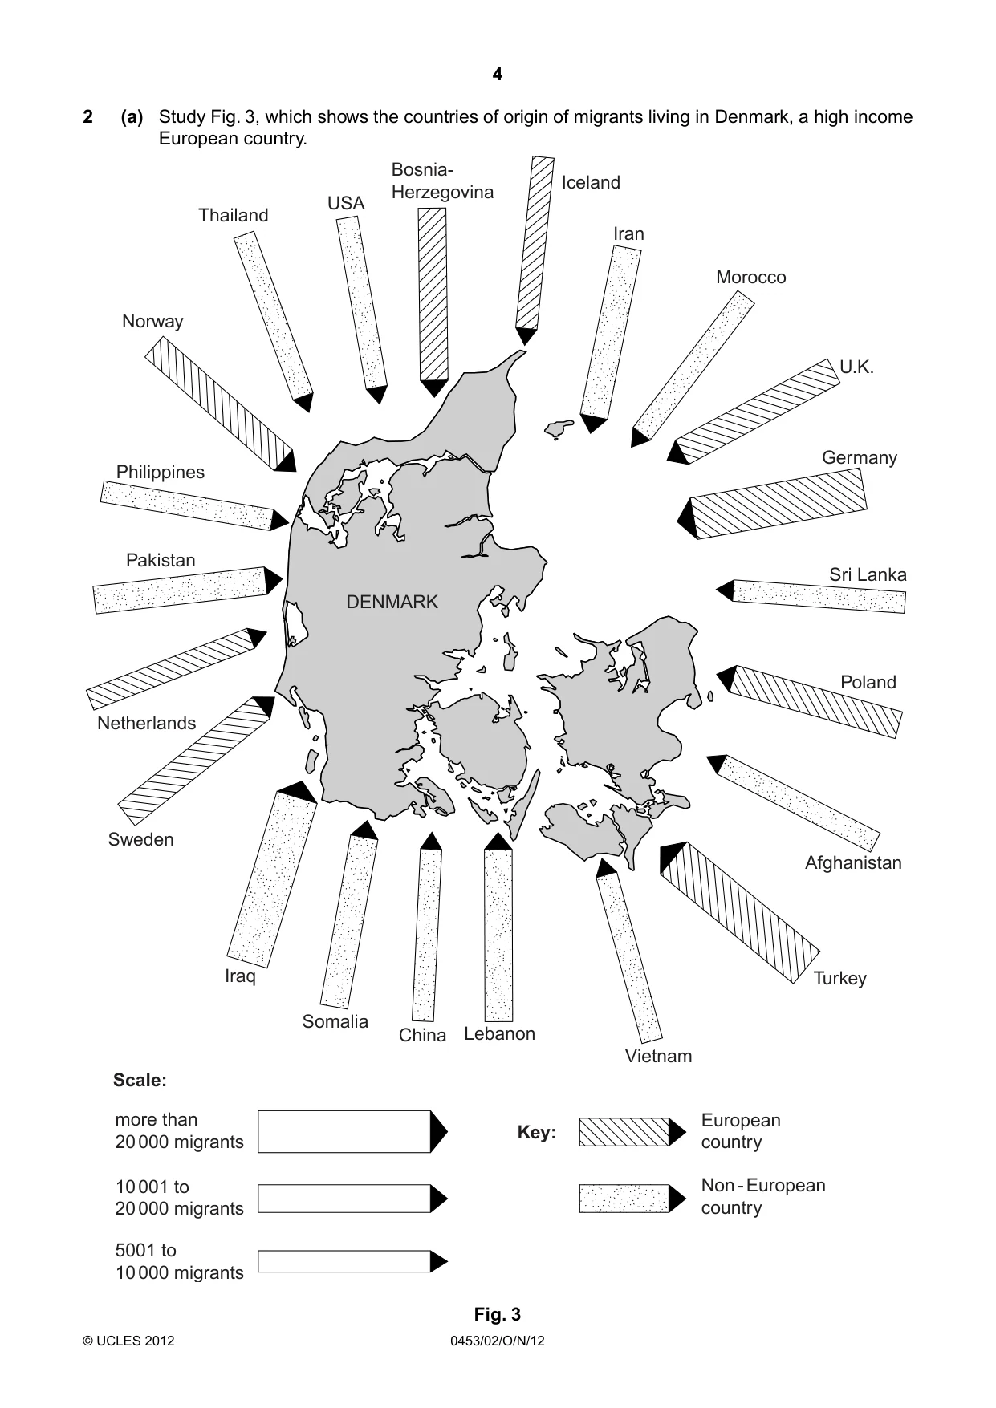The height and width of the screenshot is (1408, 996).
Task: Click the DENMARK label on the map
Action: pos(392,602)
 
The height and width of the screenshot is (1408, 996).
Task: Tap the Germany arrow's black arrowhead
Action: pos(687,518)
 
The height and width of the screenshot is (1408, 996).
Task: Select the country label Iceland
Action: pos(591,182)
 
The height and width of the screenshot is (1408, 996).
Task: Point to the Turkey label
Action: pos(839,978)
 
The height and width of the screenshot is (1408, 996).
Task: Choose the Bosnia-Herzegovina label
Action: pos(442,181)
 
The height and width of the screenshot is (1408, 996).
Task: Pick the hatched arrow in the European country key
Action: pos(632,1131)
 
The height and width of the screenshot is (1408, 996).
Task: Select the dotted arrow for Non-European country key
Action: pos(632,1198)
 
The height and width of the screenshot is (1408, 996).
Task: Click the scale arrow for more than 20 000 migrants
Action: pos(352,1131)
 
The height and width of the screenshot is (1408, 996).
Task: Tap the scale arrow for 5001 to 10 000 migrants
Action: pos(352,1261)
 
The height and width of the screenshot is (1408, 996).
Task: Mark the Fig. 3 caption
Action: pos(498,1314)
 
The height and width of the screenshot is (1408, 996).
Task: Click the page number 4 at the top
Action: pos(498,75)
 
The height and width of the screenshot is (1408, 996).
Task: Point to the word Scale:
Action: pos(140,1081)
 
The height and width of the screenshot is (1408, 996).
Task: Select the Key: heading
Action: pos(537,1133)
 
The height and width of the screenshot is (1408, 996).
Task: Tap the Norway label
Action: pos(152,321)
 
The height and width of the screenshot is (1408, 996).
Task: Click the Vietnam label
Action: pos(658,1056)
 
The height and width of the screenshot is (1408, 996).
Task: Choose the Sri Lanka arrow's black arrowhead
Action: pos(726,590)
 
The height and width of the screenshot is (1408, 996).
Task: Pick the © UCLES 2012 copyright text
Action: pos(128,1341)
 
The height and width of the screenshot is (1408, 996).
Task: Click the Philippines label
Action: pos(161,473)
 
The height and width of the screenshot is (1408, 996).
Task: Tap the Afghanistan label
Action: pos(853,862)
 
